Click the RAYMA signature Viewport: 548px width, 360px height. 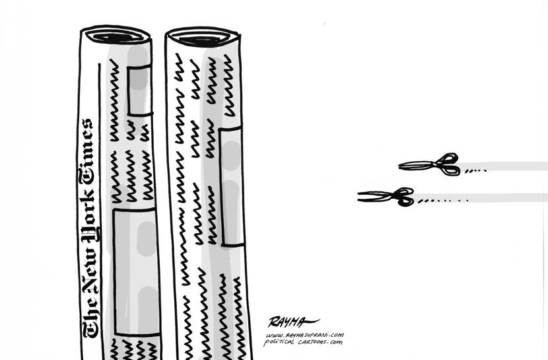tap(293, 322)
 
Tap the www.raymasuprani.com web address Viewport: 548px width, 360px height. tap(304, 336)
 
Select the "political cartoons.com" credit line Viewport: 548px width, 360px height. tap(303, 342)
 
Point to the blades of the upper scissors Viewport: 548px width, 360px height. tap(417, 165)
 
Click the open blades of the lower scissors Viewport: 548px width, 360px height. tap(376, 196)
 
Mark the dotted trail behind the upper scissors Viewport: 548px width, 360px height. tap(475, 171)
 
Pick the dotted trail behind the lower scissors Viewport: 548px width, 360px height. tap(443, 201)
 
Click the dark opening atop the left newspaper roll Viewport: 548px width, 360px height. tap(116, 37)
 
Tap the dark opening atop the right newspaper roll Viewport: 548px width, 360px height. tap(201, 40)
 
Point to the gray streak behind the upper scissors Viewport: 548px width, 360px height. tap(503, 166)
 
